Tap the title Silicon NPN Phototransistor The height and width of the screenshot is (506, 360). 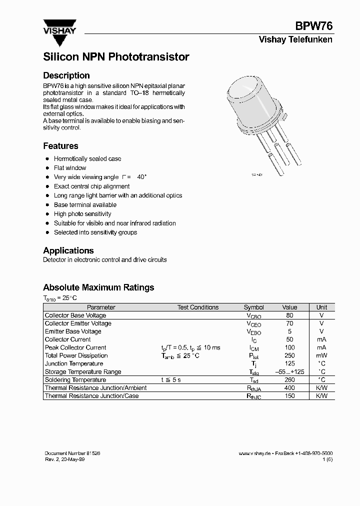pos(116,57)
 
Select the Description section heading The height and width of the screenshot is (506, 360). pos(66,75)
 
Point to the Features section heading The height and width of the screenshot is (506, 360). pos(60,146)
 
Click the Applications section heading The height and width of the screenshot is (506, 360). pos(68,250)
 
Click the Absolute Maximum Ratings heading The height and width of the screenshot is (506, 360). pos(98,287)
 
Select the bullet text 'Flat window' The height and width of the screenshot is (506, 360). pos(70,168)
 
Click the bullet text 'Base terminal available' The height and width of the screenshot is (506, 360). pos(85,205)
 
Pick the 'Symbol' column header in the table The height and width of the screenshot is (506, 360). pos(253,307)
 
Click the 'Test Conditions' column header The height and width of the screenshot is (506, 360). pos(197,307)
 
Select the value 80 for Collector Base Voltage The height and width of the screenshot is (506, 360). pos(289,315)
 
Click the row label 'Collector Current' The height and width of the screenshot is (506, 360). pos(68,339)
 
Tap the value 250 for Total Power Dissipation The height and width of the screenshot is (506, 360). pos(289,355)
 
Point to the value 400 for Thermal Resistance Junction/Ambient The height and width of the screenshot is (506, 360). pos(289,388)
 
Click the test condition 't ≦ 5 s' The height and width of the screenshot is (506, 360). pos(171,380)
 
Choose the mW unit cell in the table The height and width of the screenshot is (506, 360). pos(321,355)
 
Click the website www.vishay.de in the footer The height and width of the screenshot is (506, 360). pos(254,453)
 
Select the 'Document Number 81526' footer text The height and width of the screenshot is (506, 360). pos(72,453)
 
